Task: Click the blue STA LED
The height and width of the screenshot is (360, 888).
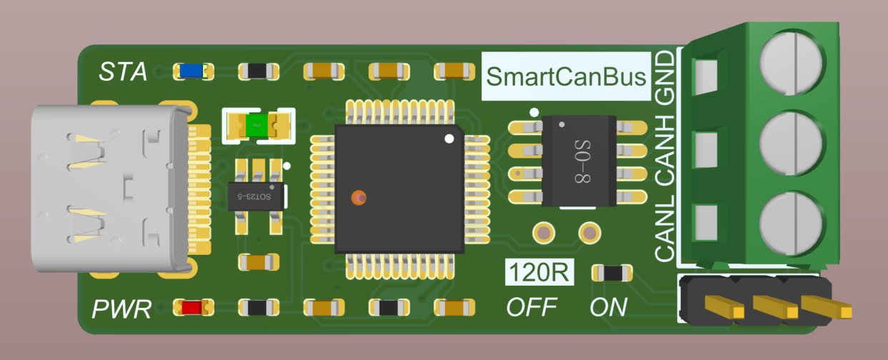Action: [191, 71]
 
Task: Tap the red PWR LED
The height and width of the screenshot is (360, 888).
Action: [192, 308]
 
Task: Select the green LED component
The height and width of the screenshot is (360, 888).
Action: [256, 126]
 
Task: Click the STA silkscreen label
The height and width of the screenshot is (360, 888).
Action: [123, 71]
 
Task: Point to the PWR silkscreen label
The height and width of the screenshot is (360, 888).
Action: [121, 309]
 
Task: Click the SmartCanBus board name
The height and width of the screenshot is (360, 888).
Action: [566, 76]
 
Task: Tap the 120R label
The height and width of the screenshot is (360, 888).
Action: [539, 272]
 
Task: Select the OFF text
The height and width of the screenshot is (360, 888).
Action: [532, 307]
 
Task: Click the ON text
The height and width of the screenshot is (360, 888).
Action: [609, 307]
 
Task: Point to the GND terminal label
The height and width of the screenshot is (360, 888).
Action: [665, 78]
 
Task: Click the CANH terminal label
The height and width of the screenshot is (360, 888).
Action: [665, 151]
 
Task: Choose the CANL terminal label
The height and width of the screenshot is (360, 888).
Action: [665, 229]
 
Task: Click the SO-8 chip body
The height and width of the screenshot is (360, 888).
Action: [579, 161]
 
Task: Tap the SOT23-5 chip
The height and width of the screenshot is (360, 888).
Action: [256, 196]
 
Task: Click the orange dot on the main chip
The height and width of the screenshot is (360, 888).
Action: [359, 197]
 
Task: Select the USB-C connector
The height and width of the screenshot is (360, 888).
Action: [111, 189]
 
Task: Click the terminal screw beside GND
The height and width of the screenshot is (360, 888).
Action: [792, 64]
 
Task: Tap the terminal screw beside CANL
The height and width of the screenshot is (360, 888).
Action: [792, 224]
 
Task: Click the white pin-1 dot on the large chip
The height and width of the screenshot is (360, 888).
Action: [449, 139]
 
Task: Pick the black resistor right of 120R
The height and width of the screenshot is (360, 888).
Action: [612, 273]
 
